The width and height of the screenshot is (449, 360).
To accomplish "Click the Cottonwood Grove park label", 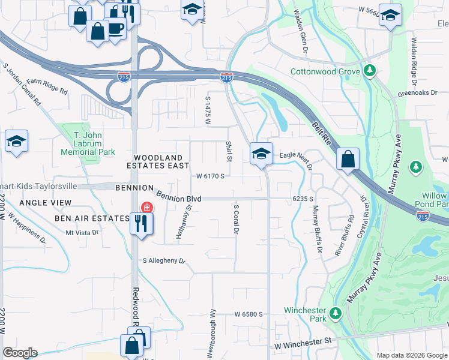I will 325,71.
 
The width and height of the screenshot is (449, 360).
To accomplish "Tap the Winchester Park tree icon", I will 336,313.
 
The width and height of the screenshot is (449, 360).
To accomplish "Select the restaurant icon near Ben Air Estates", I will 142,224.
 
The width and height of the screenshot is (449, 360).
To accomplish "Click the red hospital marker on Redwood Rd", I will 146,208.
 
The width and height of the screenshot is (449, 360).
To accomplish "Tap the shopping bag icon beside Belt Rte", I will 348,159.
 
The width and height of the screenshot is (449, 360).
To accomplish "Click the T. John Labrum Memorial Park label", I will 88,143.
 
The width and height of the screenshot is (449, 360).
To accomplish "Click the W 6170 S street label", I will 210,176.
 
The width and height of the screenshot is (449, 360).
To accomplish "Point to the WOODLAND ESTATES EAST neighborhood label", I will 158,161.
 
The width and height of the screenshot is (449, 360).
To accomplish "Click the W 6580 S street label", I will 249,314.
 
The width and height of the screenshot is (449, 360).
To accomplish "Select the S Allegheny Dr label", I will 164,261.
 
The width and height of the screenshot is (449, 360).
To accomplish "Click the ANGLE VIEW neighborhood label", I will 46,203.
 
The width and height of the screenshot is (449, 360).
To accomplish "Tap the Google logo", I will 20,353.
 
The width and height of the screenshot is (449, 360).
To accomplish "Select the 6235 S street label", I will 304,198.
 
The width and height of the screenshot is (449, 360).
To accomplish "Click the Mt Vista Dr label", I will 82,232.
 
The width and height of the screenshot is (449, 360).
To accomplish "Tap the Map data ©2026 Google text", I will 411,355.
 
